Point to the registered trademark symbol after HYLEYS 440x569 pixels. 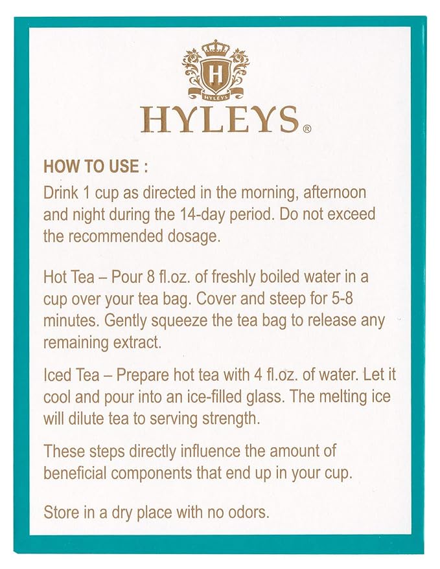click(x=307, y=129)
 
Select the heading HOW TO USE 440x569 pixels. click(x=96, y=166)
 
